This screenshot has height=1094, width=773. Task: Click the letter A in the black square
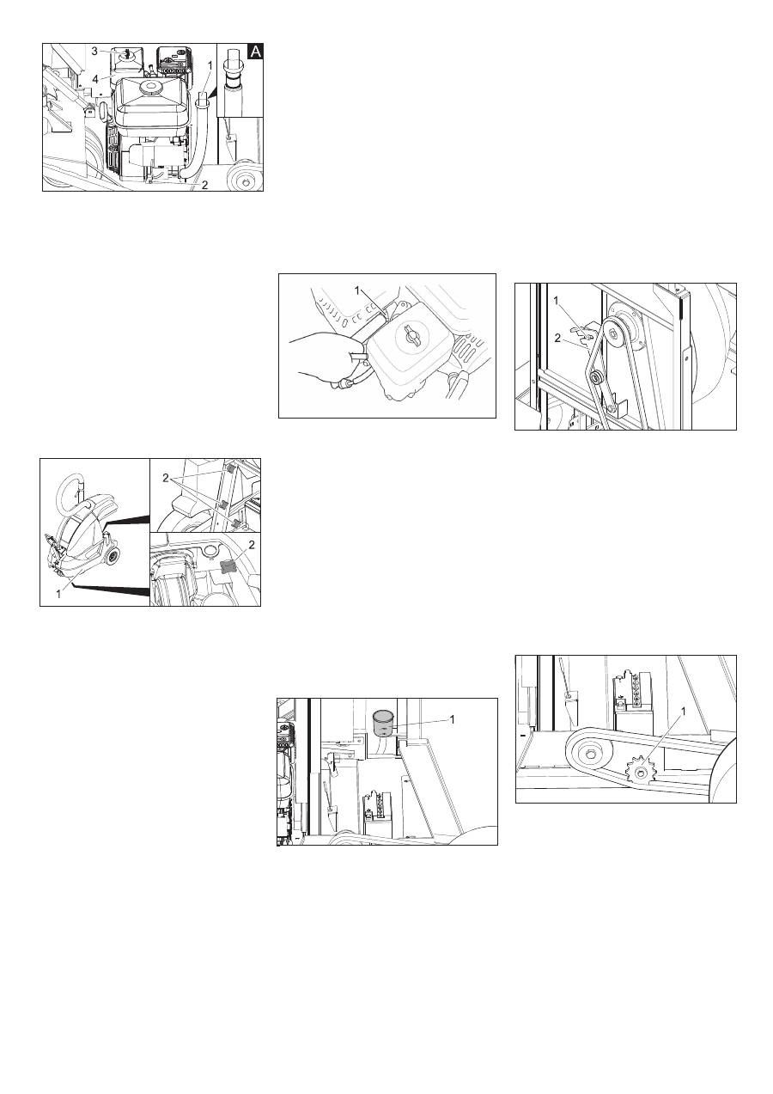coord(256,52)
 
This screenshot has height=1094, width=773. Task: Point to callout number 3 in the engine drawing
coord(94,52)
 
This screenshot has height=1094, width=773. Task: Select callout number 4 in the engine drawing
coord(95,78)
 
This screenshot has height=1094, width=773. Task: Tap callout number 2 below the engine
coord(205,185)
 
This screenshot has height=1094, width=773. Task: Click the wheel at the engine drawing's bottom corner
coord(246,179)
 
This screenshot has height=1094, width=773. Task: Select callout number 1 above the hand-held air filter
coord(356,290)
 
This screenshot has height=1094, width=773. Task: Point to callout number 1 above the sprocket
coord(683,712)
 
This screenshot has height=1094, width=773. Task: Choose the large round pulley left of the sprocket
coord(587,755)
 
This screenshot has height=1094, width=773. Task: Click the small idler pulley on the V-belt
coord(595,377)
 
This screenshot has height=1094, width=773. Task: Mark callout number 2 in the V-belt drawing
coord(557,338)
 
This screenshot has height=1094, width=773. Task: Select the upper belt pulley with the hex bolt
coord(614,333)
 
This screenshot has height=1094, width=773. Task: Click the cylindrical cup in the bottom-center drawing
coord(385,723)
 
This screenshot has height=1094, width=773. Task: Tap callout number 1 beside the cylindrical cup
coord(452,719)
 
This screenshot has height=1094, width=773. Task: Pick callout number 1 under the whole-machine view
coord(58,595)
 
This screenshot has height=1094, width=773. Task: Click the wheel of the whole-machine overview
coord(113,555)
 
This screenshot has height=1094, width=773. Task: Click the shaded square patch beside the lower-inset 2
coord(228,566)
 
